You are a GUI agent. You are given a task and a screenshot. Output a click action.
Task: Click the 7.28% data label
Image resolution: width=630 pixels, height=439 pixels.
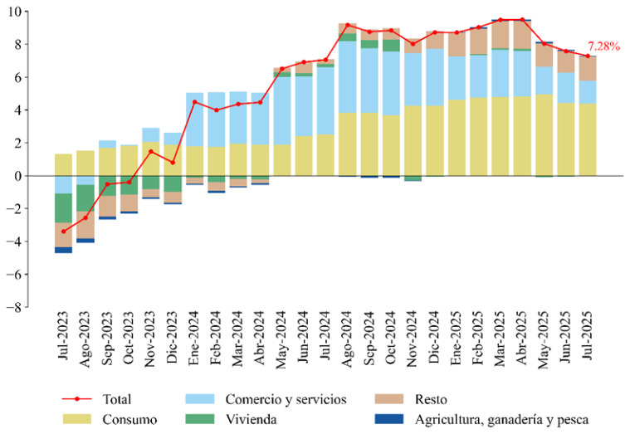[603, 46]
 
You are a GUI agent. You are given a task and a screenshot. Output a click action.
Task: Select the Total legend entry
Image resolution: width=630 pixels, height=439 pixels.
[118, 399]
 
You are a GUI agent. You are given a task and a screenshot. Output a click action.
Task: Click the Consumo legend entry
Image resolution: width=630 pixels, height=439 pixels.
[125, 420]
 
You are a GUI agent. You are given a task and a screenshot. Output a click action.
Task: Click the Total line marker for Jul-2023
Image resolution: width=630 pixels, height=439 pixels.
[64, 232]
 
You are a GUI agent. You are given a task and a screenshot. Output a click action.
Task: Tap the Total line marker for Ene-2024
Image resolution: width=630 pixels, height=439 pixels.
[194, 102]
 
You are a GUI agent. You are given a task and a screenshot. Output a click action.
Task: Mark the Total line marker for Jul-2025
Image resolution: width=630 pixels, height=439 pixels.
[588, 56]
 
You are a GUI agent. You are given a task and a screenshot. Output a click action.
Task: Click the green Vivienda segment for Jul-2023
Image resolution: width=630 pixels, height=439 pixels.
[64, 207]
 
